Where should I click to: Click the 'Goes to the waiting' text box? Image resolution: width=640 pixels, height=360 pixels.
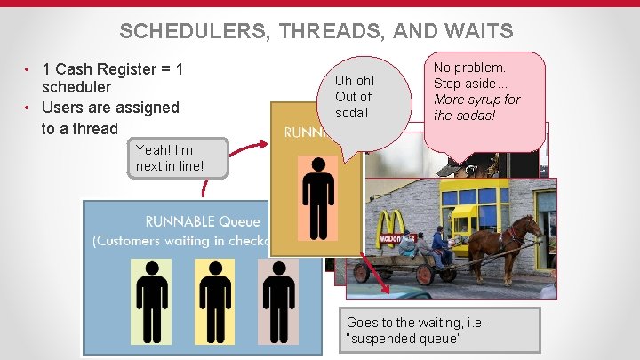click(439, 330)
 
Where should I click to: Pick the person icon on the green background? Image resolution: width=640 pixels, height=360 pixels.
click(151, 301)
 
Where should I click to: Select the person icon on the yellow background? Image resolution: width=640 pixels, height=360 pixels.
click(214, 301)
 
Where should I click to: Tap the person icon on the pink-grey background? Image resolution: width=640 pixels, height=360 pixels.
click(276, 301)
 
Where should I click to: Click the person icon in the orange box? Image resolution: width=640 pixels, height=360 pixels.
click(317, 203)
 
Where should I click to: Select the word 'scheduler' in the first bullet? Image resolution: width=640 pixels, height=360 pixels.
click(76, 87)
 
